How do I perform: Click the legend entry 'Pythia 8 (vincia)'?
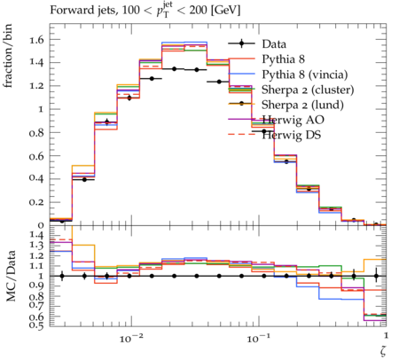pyautogui.click(x=305, y=74)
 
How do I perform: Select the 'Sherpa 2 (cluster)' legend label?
pyautogui.click(x=308, y=90)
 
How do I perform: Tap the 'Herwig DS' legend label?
pyautogui.click(x=292, y=135)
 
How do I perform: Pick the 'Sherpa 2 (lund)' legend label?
pyautogui.click(x=302, y=105)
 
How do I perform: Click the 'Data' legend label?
pyautogui.click(x=274, y=44)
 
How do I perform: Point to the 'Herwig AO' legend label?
pyautogui.click(x=293, y=120)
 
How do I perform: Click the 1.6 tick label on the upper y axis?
pyautogui.click(x=36, y=39)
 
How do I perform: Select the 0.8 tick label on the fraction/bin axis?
pyautogui.click(x=36, y=133)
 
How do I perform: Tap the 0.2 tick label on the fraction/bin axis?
pyautogui.click(x=36, y=202)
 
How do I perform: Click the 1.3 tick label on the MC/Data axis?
pyautogui.click(x=36, y=245)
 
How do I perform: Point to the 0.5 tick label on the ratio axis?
pyautogui.click(x=36, y=325)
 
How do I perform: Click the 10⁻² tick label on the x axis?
pyautogui.click(x=131, y=338)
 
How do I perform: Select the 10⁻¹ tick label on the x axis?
pyautogui.click(x=259, y=338)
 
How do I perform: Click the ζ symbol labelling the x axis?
pyautogui.click(x=383, y=351)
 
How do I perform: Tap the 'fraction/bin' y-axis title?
pyautogui.click(x=8, y=56)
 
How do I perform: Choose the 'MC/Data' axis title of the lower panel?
pyautogui.click(x=11, y=276)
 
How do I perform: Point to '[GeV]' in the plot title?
pyautogui.click(x=225, y=11)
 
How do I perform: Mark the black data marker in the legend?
pyautogui.click(x=241, y=43)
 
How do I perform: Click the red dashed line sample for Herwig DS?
pyautogui.click(x=241, y=135)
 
